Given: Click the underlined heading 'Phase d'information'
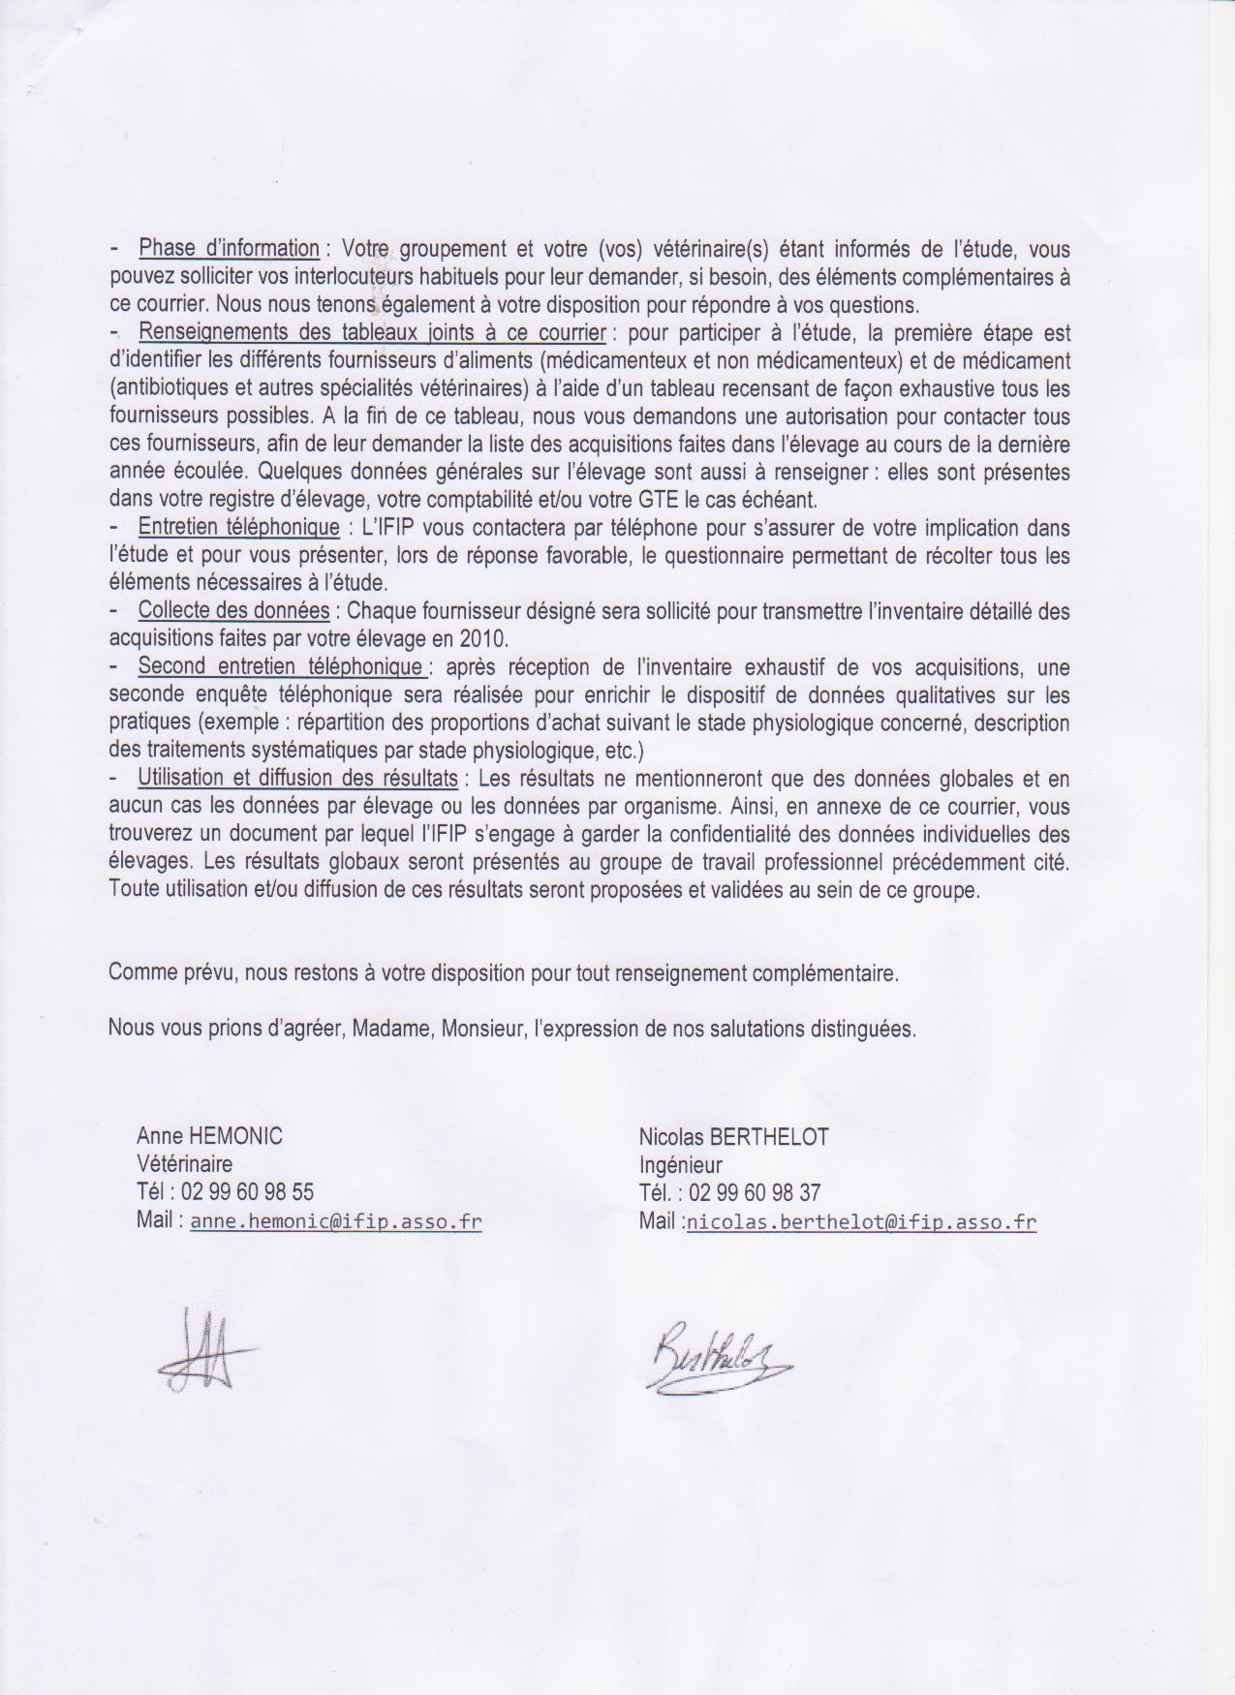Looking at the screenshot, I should point(229,249).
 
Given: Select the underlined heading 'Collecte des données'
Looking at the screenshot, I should point(233,611).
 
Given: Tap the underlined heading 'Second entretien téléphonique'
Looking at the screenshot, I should point(281,667).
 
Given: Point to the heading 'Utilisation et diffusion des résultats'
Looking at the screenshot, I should point(298,779).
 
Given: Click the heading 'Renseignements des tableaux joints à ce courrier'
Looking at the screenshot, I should point(373,333).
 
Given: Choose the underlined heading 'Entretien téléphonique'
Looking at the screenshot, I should point(238,529).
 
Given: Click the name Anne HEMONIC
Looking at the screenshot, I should point(209,1136).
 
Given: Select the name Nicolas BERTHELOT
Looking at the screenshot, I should point(733,1137).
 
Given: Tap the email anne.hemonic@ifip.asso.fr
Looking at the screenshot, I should point(335,1221).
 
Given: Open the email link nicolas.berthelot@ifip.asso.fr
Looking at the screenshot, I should point(860,1222).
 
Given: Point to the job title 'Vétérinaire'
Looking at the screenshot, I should point(184,1164).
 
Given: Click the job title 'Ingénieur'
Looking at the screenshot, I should point(680,1165).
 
